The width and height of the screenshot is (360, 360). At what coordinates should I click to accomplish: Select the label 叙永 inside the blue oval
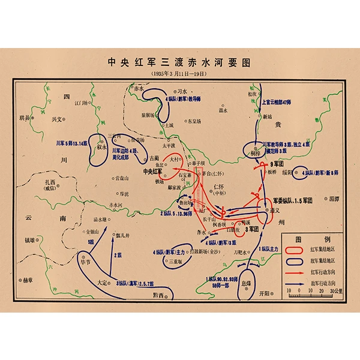point(100,146)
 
